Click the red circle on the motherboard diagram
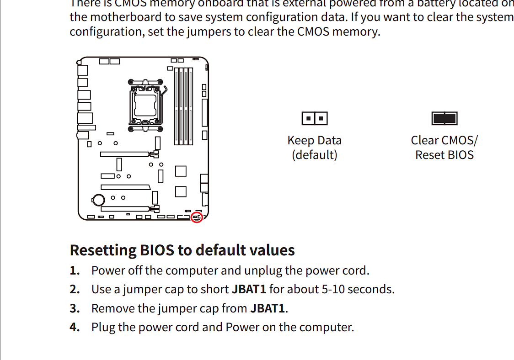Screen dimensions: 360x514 197,217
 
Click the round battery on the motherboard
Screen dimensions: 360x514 98,199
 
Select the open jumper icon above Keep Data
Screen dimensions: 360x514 315,119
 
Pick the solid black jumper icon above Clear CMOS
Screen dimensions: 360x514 444,119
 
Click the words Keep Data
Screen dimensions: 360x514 314,140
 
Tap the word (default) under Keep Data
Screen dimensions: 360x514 314,155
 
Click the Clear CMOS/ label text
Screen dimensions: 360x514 444,140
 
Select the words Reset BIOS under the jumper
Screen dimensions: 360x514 444,155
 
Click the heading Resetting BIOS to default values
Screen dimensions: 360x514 182,250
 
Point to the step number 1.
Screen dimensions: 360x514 75,270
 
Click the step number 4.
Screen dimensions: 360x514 75,327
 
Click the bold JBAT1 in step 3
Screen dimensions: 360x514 268,308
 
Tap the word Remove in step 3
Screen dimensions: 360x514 108,308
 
